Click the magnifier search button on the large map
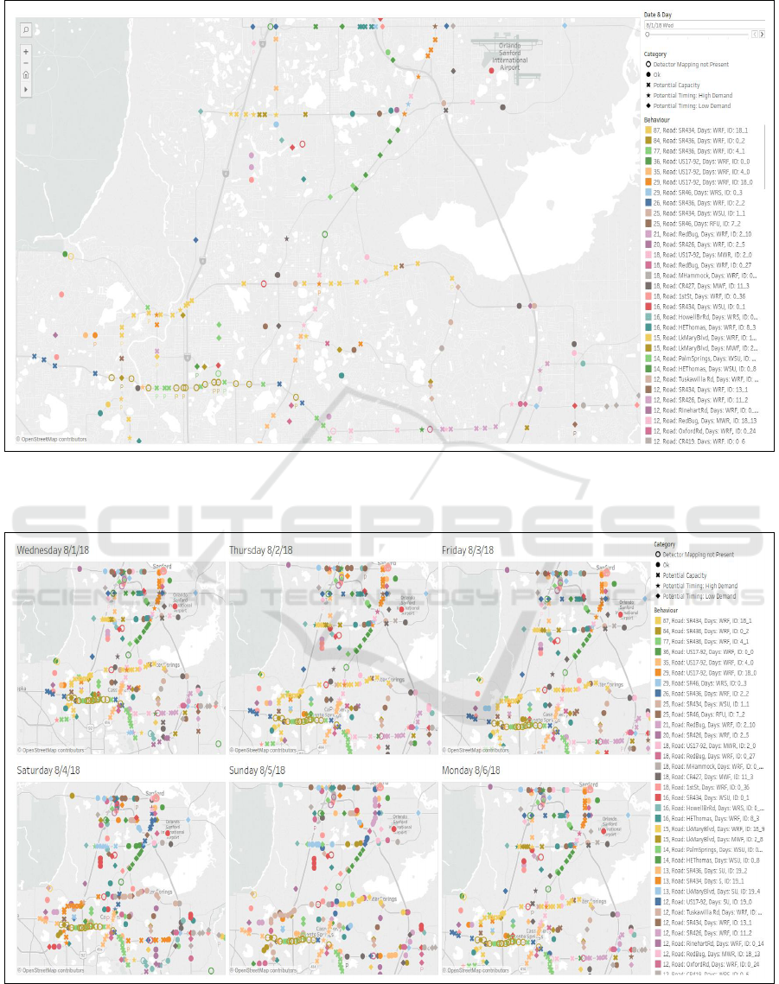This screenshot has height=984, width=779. click(26, 29)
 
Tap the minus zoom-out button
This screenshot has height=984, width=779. click(26, 63)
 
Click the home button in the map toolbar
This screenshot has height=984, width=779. click(26, 75)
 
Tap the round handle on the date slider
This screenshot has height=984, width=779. click(648, 35)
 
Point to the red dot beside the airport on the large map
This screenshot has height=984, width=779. click(492, 71)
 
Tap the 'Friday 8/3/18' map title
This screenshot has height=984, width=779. click(468, 550)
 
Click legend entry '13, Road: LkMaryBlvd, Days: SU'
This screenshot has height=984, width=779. click(706, 889)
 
